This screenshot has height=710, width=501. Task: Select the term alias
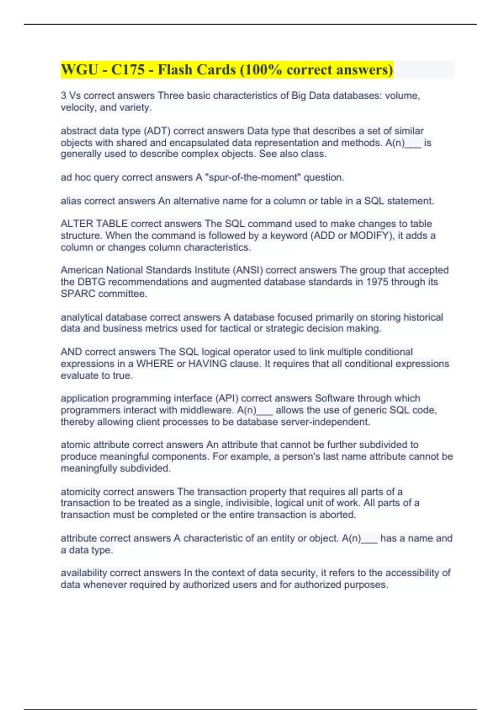coord(71,201)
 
